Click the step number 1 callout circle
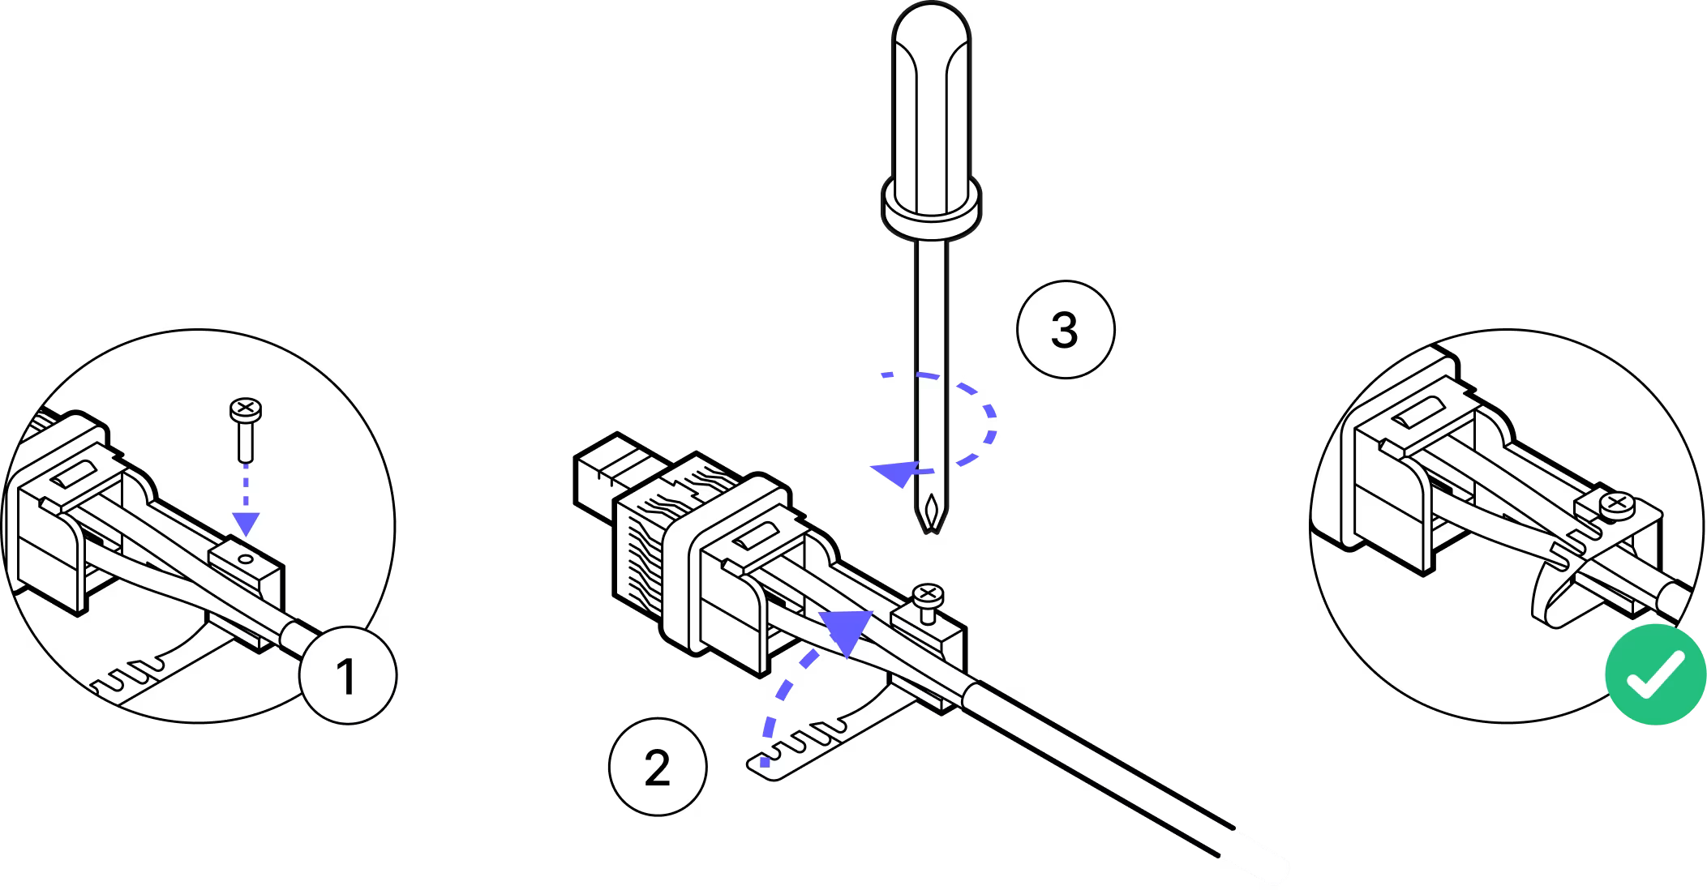point(347,674)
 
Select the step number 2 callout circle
point(658,766)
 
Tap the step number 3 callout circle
point(1065,329)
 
